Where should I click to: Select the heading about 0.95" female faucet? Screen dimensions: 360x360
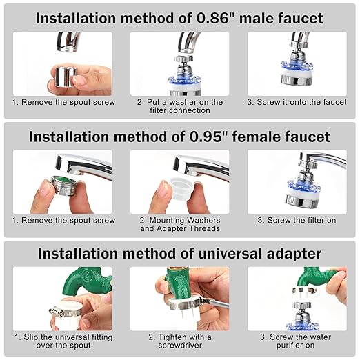179,137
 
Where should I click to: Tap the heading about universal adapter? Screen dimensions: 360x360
179,253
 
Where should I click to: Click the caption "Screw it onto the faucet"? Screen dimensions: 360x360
297,102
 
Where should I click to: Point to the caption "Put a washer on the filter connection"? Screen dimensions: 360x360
179,106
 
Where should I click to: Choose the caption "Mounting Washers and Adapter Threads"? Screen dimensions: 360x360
179,224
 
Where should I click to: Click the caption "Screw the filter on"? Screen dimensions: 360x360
297,221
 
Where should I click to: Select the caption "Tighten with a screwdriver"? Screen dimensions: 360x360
179,341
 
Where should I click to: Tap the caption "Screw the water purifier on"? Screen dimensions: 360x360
297,341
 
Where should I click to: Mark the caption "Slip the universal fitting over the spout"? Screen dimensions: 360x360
62,341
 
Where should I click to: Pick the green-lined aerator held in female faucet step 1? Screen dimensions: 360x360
61,187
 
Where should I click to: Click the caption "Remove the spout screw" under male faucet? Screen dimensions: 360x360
62,102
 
